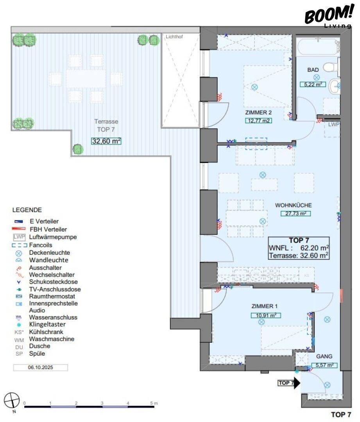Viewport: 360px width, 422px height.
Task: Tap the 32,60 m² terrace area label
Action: click(106, 141)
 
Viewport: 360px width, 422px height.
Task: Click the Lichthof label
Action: click(174, 37)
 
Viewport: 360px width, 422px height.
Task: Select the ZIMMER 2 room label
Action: click(258, 113)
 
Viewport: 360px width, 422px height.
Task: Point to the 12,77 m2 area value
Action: click(258, 120)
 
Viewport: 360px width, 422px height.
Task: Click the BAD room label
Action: click(313, 70)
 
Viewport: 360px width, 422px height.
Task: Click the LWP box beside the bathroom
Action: click(333, 125)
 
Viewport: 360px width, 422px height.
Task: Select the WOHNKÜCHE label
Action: click(293, 205)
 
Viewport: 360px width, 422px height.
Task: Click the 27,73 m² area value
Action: click(293, 213)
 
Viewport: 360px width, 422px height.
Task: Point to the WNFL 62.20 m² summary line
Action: click(298, 248)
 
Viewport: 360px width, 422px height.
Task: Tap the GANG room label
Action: click(324, 356)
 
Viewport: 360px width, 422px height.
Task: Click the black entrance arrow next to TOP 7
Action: click(297, 383)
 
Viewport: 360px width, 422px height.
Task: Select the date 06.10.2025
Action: click(41, 368)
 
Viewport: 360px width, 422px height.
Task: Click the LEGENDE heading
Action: click(27, 210)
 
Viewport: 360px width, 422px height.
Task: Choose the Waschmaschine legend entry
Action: click(52, 339)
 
